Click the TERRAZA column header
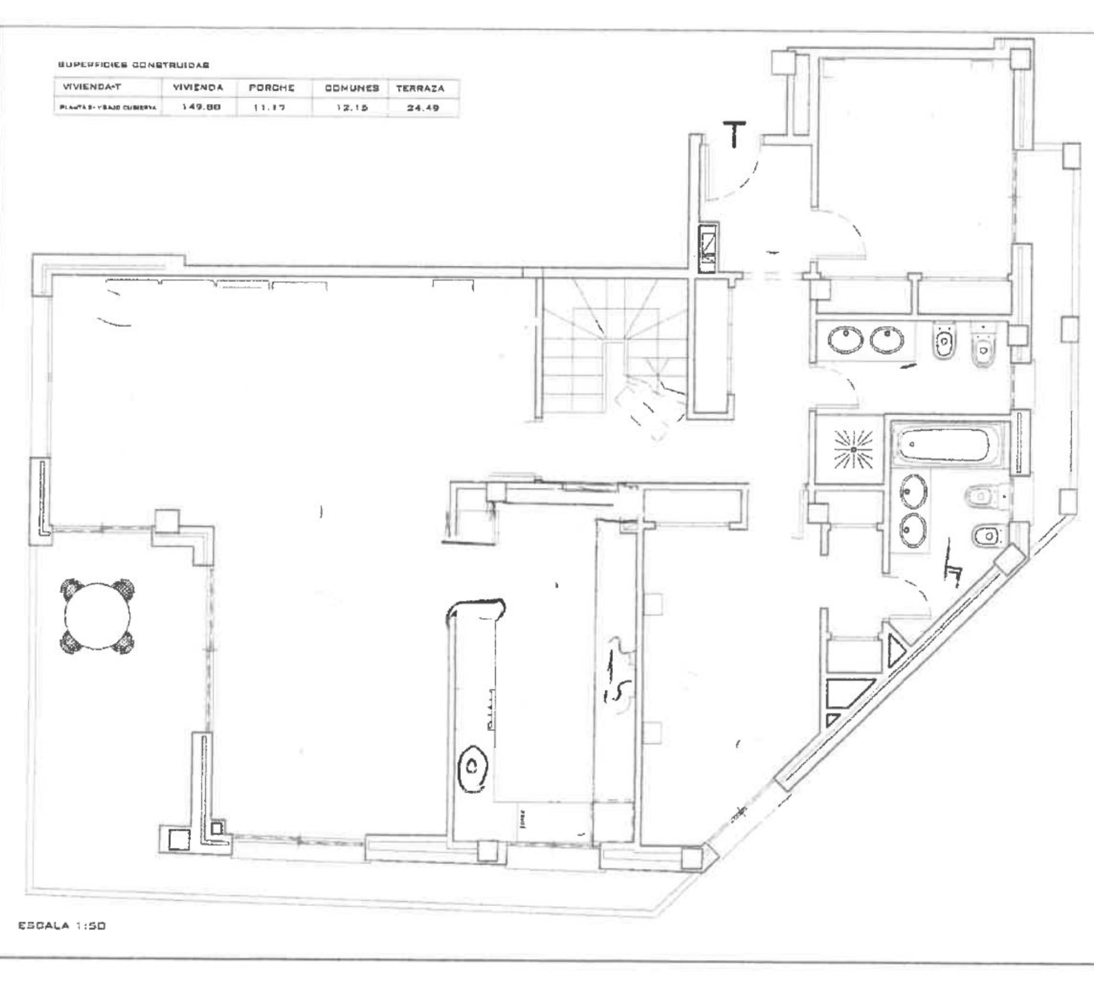click(x=420, y=88)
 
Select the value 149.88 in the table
click(x=201, y=107)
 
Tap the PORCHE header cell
click(x=271, y=88)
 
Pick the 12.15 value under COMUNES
click(x=351, y=108)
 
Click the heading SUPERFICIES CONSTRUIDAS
click(x=134, y=65)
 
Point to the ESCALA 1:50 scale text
click(x=62, y=926)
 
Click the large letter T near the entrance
click(x=734, y=134)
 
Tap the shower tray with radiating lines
click(x=853, y=449)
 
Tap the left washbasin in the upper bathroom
click(x=845, y=340)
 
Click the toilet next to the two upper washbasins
click(x=945, y=341)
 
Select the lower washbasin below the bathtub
click(x=913, y=529)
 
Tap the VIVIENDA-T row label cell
click(x=93, y=87)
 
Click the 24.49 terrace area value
click(x=423, y=108)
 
